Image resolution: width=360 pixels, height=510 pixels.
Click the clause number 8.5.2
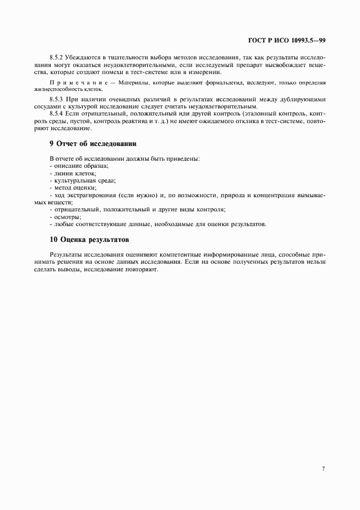point(57,57)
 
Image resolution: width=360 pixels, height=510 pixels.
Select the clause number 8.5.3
point(57,100)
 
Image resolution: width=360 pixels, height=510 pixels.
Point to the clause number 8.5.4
point(57,113)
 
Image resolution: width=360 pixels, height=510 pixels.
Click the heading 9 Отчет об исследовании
point(93,144)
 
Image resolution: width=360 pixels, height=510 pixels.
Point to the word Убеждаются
point(87,57)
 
